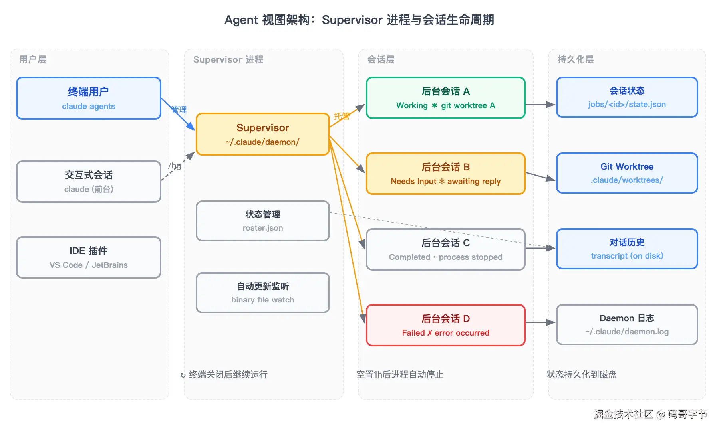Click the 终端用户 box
[89, 98]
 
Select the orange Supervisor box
[263, 134]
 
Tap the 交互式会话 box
[89, 182]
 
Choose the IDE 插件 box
[89, 257]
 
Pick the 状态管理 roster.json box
[263, 221]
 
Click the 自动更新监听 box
[263, 293]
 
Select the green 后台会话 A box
[446, 98]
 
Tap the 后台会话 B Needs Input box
[446, 174]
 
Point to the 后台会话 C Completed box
[446, 249]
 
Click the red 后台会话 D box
[446, 325]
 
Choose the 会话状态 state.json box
[627, 97]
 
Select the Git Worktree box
[627, 173]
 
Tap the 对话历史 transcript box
[627, 249]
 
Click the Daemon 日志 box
[627, 324]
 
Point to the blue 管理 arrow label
[179, 110]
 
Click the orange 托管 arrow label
[342, 116]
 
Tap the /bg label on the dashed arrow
[175, 166]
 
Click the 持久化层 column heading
[576, 59]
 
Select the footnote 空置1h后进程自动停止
[400, 374]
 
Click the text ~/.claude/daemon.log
[627, 332]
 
